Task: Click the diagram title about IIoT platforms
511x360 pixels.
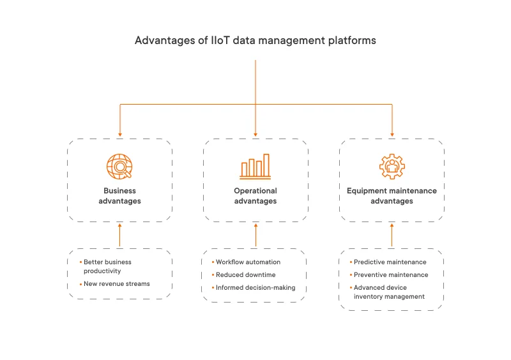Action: point(255,40)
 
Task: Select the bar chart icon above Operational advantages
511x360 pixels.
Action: point(256,167)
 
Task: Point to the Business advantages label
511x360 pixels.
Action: point(119,195)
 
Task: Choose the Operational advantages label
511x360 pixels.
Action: point(256,195)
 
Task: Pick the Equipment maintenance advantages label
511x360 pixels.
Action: point(392,195)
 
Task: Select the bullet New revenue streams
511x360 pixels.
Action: point(116,283)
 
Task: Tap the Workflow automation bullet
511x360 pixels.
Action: point(248,262)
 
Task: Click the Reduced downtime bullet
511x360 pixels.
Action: point(245,274)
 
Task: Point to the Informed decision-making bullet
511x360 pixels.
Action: point(256,287)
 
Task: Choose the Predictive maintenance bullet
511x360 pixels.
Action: point(390,262)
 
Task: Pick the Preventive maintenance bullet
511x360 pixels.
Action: point(390,274)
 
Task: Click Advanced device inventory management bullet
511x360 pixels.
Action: point(389,292)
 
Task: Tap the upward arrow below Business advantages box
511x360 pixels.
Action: point(119,235)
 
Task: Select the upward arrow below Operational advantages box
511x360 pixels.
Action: point(256,235)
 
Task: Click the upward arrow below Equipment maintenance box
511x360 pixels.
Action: point(392,235)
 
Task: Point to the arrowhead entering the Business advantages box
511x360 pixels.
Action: point(119,134)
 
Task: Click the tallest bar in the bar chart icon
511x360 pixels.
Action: point(266,165)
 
